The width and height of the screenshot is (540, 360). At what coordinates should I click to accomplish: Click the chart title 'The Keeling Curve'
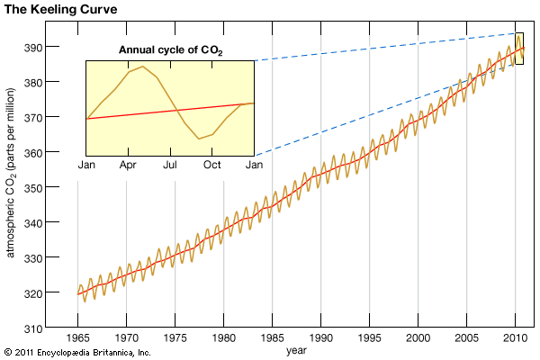pyautogui.click(x=57, y=9)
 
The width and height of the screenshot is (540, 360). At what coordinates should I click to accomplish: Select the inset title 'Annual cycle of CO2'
pyautogui.click(x=168, y=49)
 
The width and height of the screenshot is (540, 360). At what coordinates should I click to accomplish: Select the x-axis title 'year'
pyautogui.click(x=298, y=350)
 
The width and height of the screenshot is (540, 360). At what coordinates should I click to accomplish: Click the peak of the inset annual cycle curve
pyautogui.click(x=142, y=67)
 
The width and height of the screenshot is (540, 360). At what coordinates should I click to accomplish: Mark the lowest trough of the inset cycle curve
pyautogui.click(x=199, y=139)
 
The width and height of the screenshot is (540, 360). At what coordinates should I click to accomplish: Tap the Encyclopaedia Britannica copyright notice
pyautogui.click(x=76, y=352)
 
